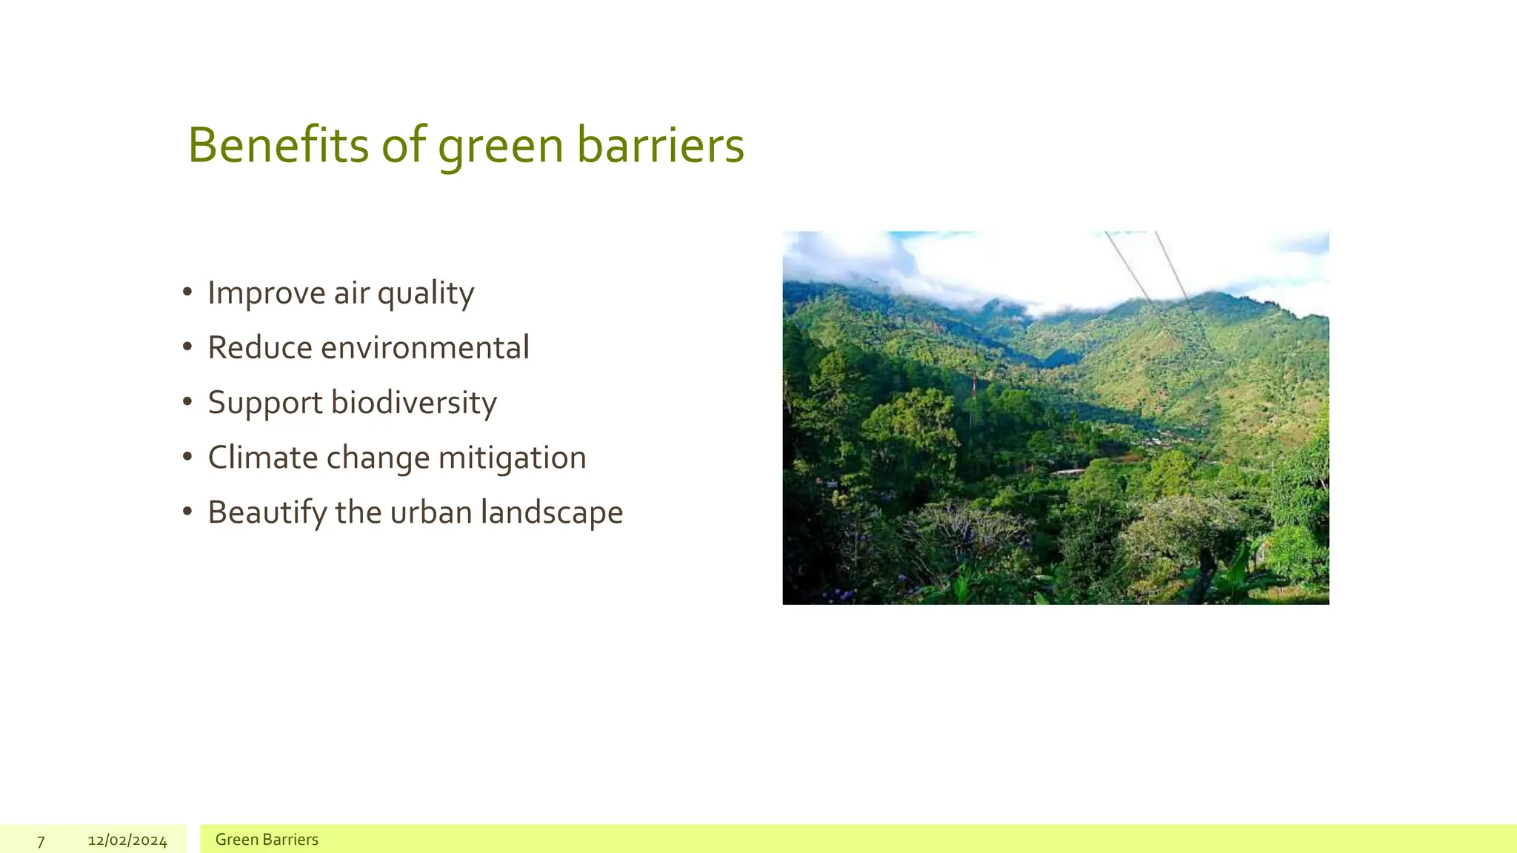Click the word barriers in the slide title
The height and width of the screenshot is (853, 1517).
coord(660,145)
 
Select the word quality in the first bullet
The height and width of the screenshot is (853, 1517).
coord(425,294)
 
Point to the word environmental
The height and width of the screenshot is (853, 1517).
coord(424,348)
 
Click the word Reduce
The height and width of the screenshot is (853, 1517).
coord(259,348)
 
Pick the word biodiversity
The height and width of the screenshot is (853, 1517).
coord(413,403)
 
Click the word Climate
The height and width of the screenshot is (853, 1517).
coord(263,458)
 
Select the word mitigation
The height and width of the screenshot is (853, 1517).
coord(512,458)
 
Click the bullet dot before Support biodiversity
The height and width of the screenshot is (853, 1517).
coord(187,402)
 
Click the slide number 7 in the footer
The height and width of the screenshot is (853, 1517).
coord(41,841)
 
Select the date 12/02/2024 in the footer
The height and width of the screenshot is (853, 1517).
coord(127,840)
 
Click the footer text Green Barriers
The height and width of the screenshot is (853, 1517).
coord(267,840)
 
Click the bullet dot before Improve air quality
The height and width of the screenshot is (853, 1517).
coord(187,292)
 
